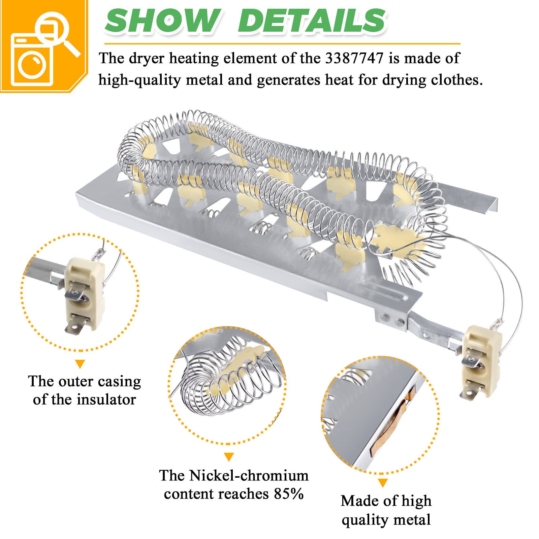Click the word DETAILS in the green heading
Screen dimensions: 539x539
click(x=312, y=21)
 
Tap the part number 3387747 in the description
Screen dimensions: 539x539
click(x=354, y=59)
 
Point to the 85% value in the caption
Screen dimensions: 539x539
click(x=288, y=494)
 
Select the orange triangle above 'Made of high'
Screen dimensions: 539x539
click(x=382, y=483)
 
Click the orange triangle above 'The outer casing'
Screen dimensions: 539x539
click(x=80, y=364)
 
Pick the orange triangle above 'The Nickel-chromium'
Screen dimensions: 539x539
click(x=229, y=457)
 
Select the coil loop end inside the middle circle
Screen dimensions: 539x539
click(x=195, y=387)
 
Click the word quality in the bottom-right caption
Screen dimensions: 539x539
click(x=364, y=519)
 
